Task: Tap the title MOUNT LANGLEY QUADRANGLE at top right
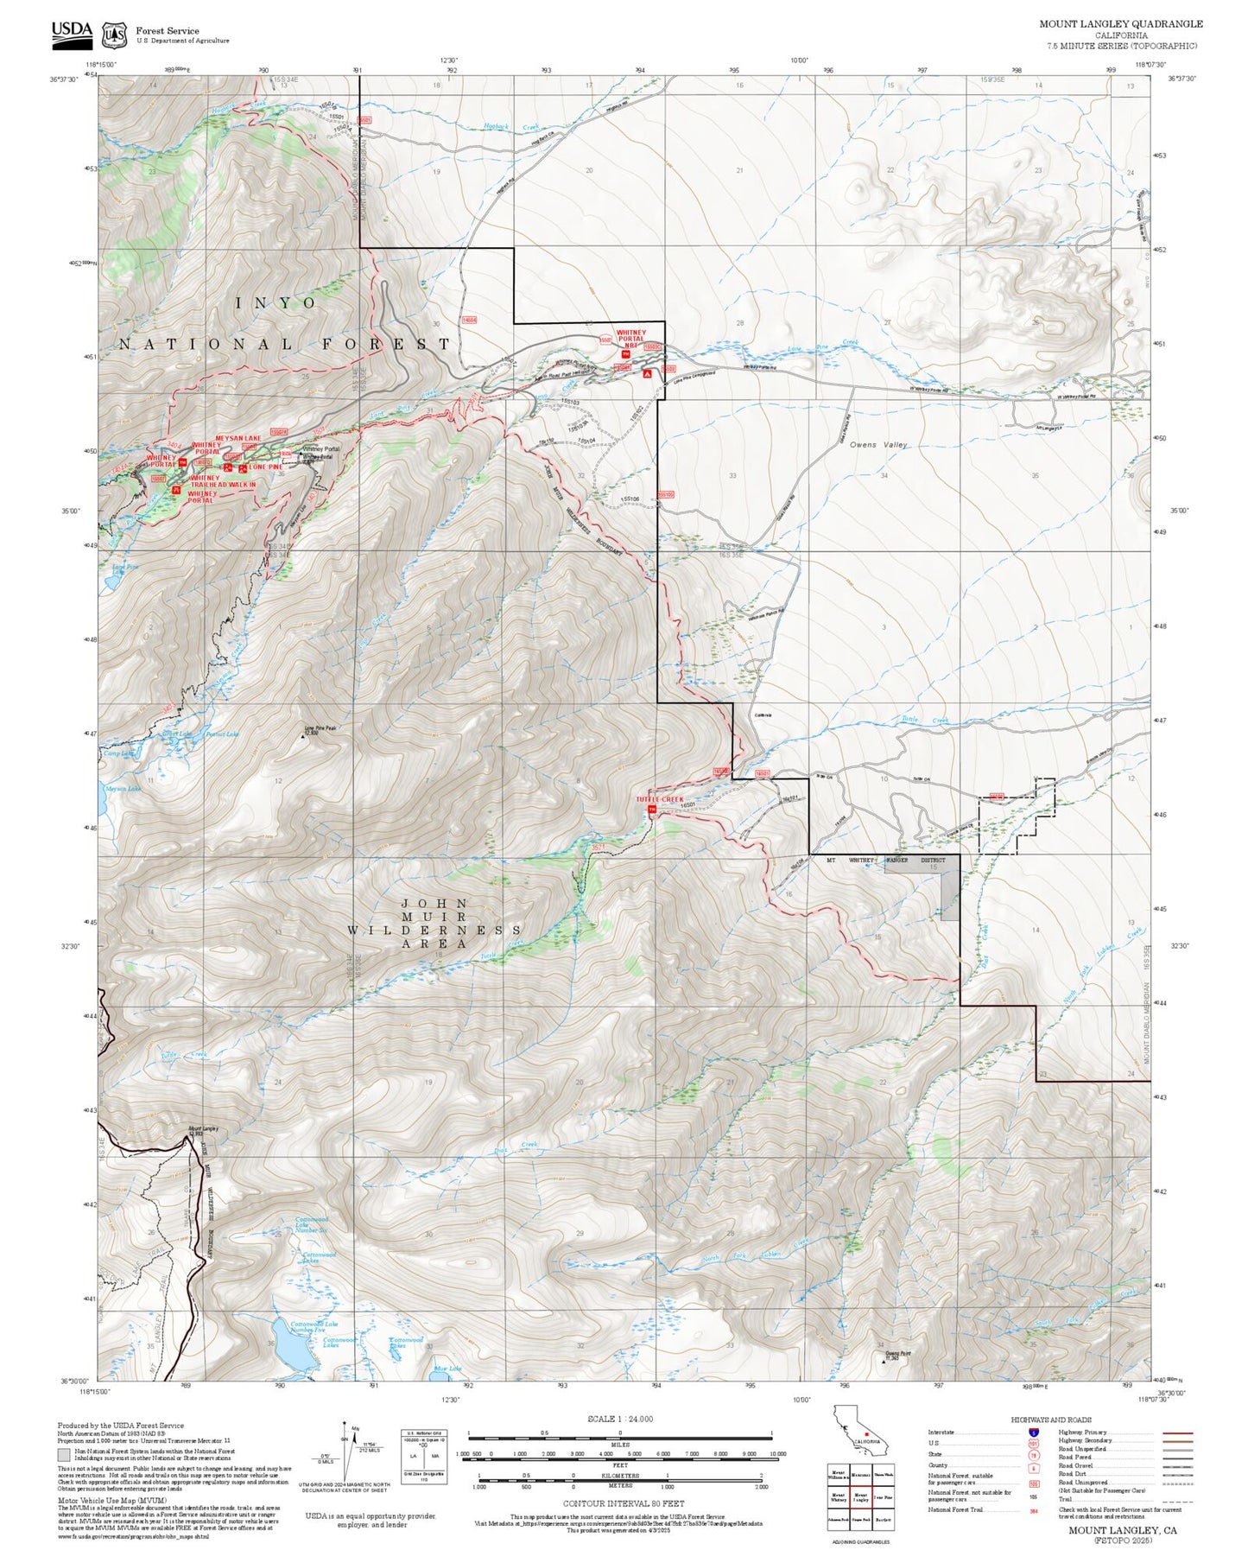tap(1120, 24)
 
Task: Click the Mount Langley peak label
tap(204, 1129)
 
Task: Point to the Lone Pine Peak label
tap(320, 728)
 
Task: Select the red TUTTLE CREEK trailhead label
tap(659, 799)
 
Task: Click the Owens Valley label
tap(877, 445)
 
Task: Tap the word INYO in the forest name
tap(276, 303)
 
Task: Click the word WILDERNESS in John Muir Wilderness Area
tap(434, 931)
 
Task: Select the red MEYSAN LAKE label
tap(238, 438)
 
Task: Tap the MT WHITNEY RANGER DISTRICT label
tap(885, 860)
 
